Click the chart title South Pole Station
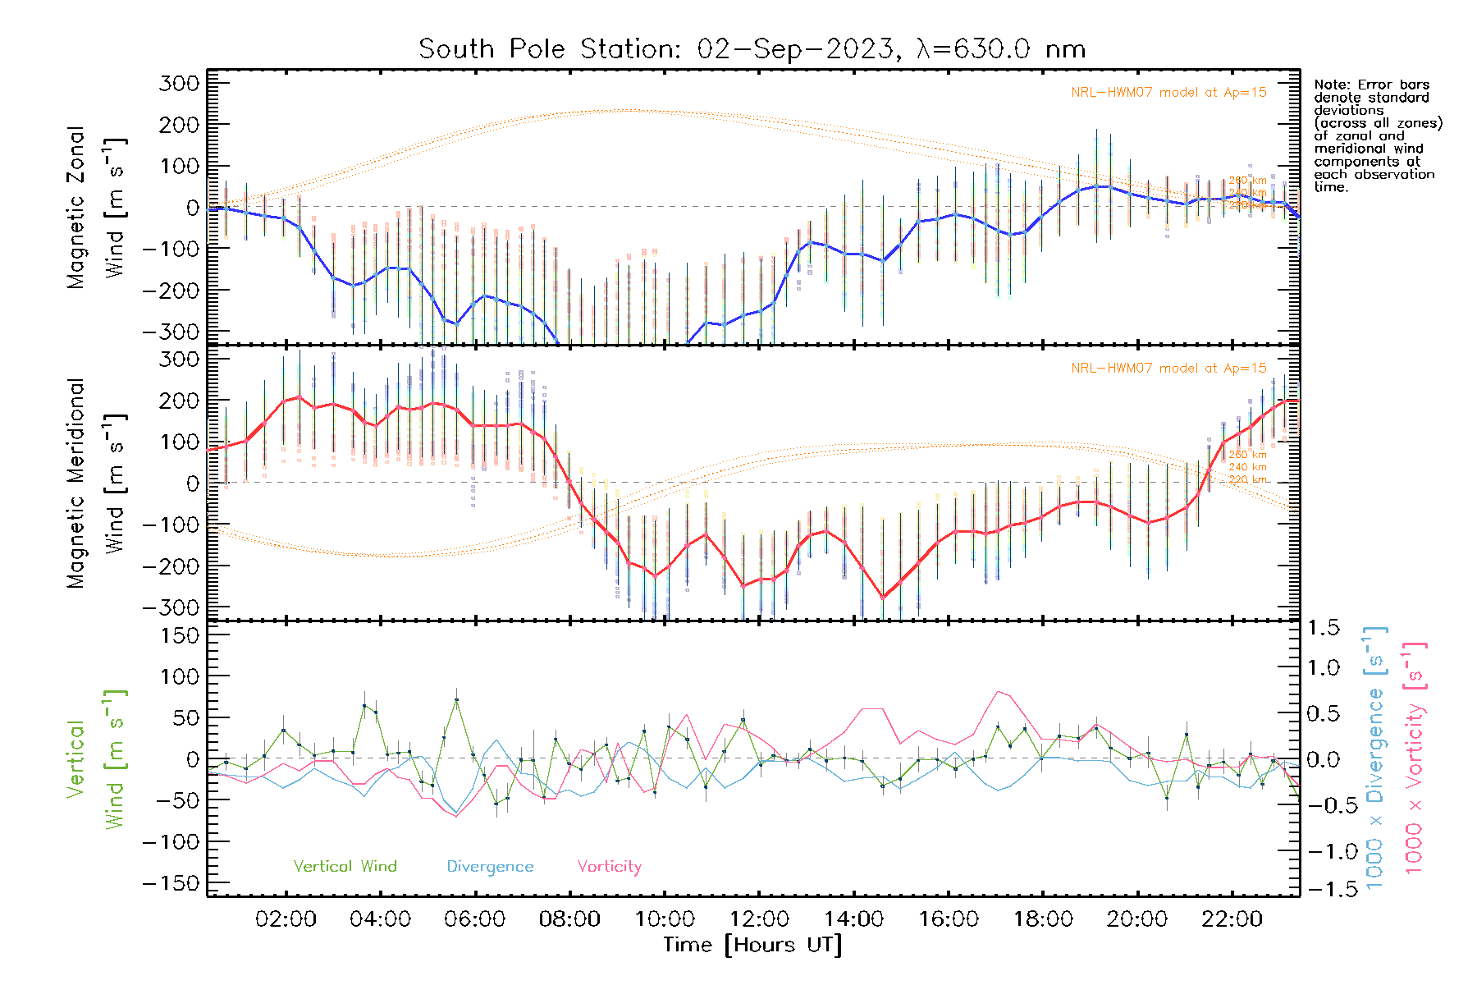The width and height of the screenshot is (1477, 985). [752, 49]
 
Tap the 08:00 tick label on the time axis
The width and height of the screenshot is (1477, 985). [569, 919]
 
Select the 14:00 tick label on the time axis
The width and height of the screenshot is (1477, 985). [853, 919]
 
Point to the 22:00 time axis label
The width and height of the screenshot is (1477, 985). [1232, 919]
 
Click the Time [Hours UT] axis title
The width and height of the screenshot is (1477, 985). [752, 945]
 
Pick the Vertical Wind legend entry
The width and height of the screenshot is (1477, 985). [345, 866]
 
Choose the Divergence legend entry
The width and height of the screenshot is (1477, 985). [490, 866]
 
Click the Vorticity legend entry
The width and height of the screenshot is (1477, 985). [609, 866]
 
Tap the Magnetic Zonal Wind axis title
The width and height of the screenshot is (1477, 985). [97, 207]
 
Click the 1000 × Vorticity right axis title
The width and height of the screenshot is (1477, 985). [1415, 757]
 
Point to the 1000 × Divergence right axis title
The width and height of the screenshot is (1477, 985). [1375, 757]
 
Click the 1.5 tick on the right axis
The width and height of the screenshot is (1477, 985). [1323, 628]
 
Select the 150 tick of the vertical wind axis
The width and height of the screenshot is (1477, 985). [180, 635]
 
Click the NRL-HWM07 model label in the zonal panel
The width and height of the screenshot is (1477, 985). [1168, 92]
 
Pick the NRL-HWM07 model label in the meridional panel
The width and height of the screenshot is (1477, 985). [1168, 368]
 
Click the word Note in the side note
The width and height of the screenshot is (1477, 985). [1330, 85]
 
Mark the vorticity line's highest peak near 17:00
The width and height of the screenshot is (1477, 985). [999, 691]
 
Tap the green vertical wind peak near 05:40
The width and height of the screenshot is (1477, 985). [456, 699]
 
